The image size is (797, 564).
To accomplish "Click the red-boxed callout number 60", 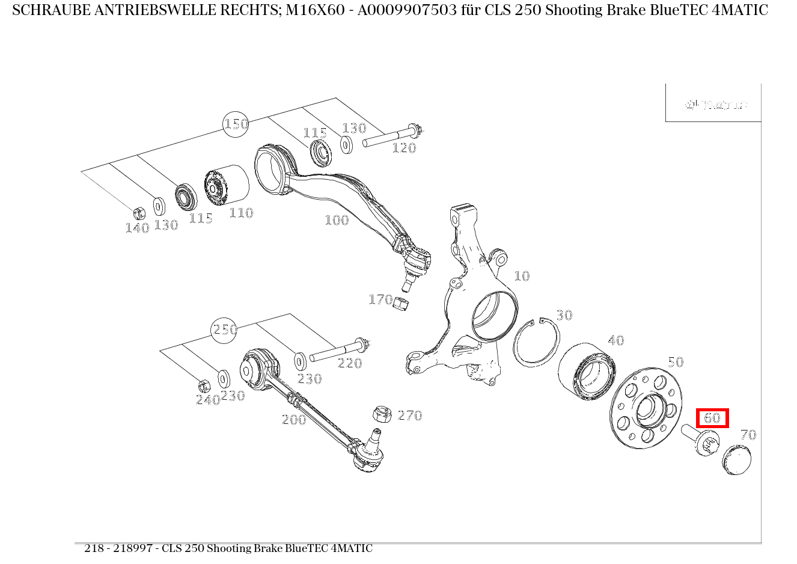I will pyautogui.click(x=712, y=418).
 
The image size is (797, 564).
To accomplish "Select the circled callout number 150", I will pyautogui.click(x=236, y=124).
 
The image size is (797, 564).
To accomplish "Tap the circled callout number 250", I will pyautogui.click(x=224, y=330).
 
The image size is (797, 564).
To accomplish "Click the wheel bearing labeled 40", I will pyautogui.click(x=587, y=372).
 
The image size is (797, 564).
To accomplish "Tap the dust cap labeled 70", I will pyautogui.click(x=736, y=461).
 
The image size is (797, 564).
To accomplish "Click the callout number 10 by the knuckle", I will pyautogui.click(x=522, y=276).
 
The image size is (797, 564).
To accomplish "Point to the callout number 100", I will pyautogui.click(x=337, y=220).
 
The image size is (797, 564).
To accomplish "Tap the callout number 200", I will pyautogui.click(x=294, y=420).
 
